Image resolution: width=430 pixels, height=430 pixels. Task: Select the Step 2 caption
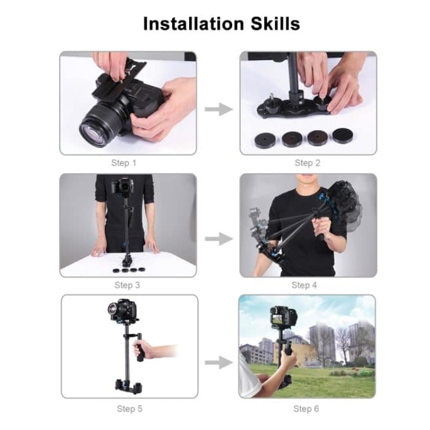[307, 163]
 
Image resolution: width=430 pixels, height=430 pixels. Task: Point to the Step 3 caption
[127, 285]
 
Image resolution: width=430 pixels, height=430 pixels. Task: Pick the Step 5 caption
[130, 408]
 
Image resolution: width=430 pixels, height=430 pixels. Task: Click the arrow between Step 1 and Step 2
[218, 109]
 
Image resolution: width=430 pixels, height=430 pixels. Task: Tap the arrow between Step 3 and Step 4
[218, 238]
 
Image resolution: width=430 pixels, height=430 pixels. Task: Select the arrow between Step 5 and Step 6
[218, 362]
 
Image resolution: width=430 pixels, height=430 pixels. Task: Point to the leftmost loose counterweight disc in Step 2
[265, 140]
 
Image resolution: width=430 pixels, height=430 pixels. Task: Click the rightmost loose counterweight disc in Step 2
[342, 136]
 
